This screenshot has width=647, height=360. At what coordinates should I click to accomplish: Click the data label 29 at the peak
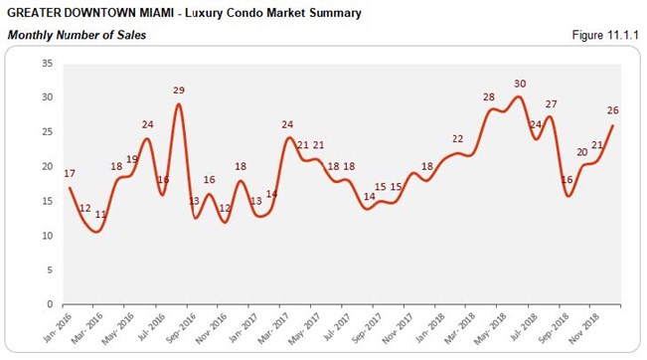(179, 90)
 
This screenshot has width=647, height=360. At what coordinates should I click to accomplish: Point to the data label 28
(488, 96)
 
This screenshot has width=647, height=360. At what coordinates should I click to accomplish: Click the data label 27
(551, 103)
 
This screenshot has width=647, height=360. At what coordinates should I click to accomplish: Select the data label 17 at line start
(70, 173)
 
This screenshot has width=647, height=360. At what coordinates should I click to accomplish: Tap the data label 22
(458, 138)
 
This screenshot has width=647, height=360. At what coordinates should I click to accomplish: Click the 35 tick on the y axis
(47, 63)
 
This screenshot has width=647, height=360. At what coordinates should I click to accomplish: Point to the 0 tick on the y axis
(50, 304)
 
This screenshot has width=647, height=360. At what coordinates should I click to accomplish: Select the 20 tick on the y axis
(47, 166)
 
